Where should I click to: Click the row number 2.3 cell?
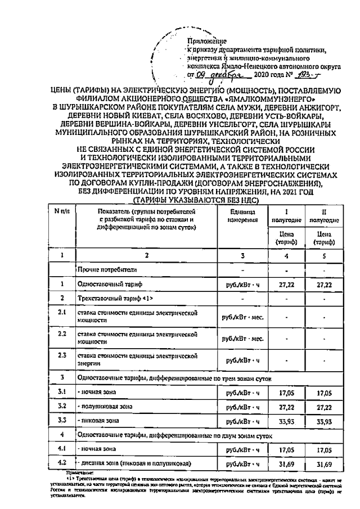point(64,358)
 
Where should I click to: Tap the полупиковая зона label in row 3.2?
point(107,404)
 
